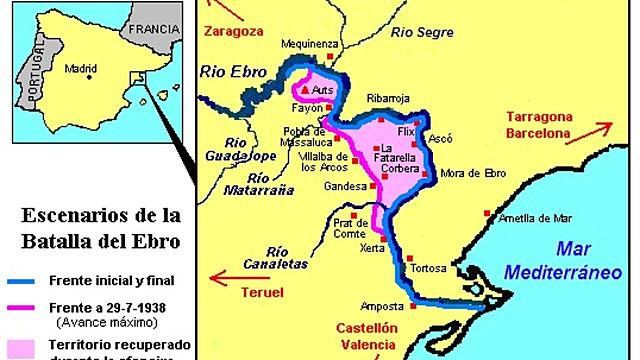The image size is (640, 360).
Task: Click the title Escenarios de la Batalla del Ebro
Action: [95, 227]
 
